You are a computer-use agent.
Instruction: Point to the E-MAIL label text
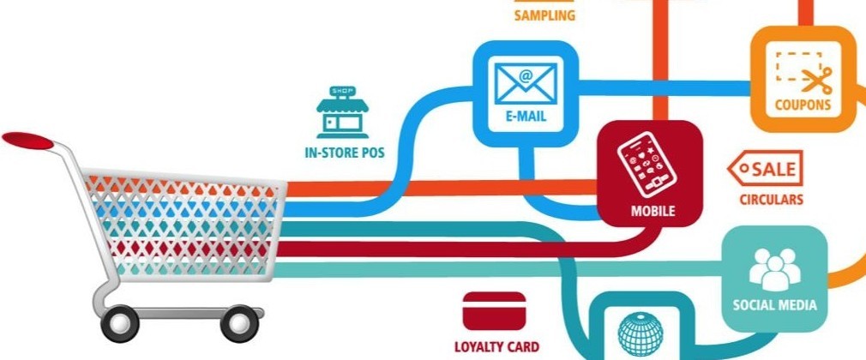click(x=526, y=117)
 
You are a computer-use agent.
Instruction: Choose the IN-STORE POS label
click(x=344, y=154)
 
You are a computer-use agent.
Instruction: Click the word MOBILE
click(x=652, y=210)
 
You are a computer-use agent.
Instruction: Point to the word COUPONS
click(x=803, y=106)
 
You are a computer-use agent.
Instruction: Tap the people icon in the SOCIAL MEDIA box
click(x=774, y=268)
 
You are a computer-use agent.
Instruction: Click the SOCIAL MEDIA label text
click(x=774, y=304)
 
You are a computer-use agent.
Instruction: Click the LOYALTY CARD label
click(x=496, y=347)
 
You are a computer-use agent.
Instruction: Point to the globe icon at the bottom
click(x=639, y=336)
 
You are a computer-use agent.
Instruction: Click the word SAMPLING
click(x=544, y=15)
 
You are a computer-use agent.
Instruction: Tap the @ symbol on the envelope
click(x=526, y=75)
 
